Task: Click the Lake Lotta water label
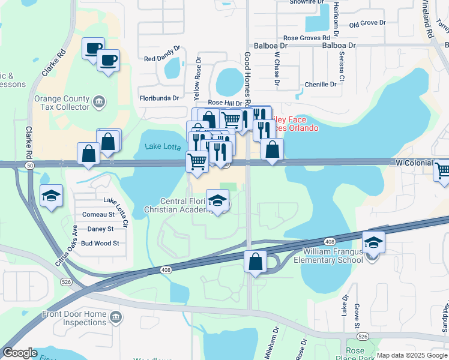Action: [162, 146]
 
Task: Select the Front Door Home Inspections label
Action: [74, 318]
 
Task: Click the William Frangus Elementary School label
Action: [328, 256]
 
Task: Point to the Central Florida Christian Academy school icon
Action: [218, 200]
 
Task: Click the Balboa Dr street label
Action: [339, 45]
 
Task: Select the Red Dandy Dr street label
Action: [162, 59]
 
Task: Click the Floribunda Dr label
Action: [159, 98]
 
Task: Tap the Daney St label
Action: [100, 229]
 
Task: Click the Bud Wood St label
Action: [100, 244]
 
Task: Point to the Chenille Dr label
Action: [322, 85]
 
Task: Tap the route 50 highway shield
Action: [29, 165]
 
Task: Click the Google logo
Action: [20, 353]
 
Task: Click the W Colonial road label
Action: [414, 163]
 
